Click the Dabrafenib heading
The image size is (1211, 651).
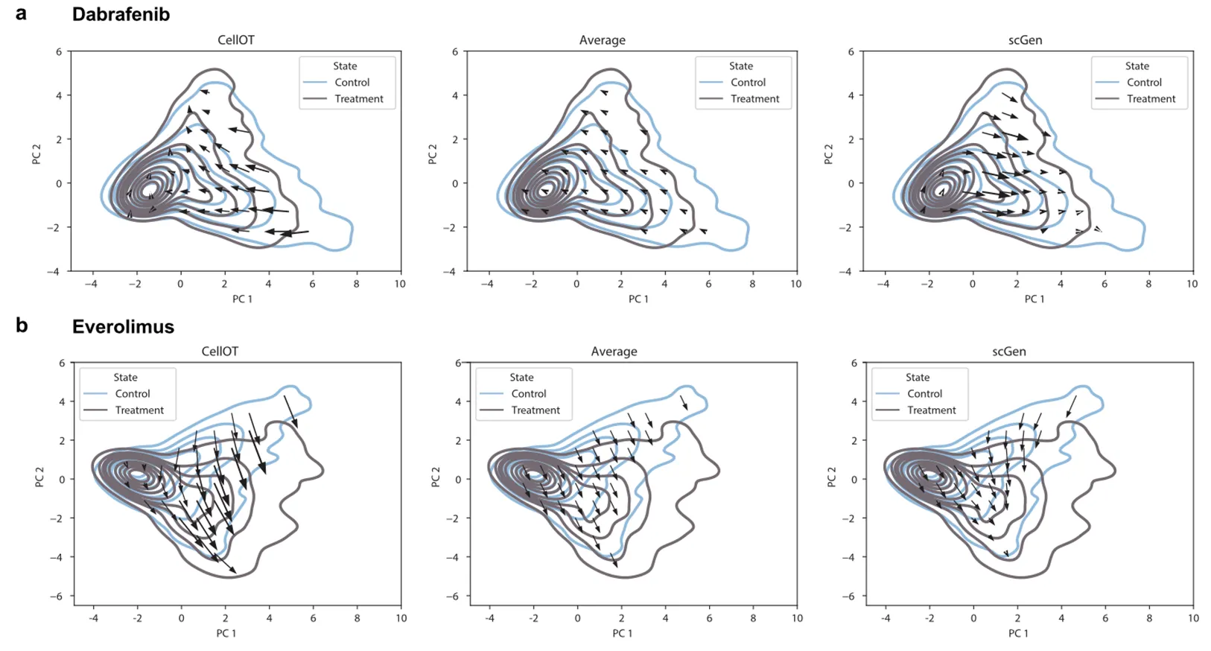tap(121, 14)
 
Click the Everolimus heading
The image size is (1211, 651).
tap(123, 326)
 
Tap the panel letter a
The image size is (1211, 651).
tap(21, 13)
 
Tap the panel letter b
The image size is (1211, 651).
tap(22, 325)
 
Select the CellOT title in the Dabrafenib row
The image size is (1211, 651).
tap(235, 40)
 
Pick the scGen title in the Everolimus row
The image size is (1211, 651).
tap(1008, 352)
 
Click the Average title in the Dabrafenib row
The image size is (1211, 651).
tap(602, 40)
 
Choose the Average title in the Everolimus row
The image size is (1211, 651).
tap(614, 352)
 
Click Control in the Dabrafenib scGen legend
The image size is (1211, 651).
tap(1144, 83)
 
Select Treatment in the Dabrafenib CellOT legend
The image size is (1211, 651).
tap(359, 99)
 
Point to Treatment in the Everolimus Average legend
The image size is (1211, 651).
tap(535, 410)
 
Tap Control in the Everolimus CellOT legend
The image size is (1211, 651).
tap(133, 394)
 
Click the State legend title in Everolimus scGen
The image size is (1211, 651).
tap(918, 378)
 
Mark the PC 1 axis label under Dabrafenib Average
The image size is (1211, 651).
tap(638, 299)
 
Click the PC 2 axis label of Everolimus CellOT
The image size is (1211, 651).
tap(39, 477)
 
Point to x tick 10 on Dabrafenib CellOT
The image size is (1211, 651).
tap(400, 284)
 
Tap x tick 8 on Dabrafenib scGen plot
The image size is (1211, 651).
tap(1148, 284)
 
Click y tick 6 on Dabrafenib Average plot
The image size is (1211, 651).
tap(455, 52)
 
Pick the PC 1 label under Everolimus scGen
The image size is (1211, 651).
tap(1018, 633)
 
